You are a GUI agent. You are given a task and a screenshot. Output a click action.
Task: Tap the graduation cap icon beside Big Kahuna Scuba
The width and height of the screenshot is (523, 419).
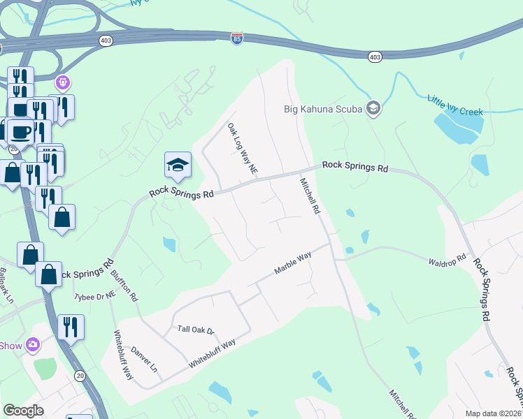373,108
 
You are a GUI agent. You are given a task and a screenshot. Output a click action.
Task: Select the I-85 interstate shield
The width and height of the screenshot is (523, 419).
237,40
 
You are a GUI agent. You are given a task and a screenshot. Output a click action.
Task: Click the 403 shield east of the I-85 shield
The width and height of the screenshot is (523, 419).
375,56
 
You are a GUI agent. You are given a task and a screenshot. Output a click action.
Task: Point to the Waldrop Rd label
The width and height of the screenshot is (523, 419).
446,259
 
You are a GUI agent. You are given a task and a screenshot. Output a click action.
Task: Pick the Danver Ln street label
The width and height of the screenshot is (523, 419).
144,358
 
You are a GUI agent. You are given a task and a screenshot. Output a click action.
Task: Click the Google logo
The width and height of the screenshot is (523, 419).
23,410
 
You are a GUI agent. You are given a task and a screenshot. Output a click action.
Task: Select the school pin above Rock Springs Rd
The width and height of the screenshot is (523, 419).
177,166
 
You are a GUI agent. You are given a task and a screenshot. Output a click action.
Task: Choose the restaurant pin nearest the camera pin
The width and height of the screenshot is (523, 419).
71,326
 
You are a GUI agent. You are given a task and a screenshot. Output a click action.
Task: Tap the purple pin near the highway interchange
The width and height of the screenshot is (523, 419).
63,83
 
